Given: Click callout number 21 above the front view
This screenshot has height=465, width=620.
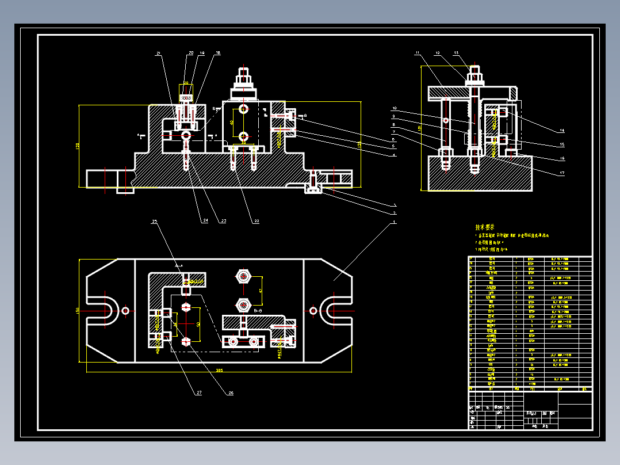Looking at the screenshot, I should click(x=158, y=54).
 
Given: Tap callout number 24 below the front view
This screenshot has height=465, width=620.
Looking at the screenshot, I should click(x=205, y=220).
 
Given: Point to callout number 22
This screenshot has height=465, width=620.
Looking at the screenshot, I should click(x=257, y=220).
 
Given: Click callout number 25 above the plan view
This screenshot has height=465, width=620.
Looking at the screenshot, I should click(x=154, y=222).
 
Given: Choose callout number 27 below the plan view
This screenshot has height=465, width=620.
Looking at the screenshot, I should click(x=199, y=393).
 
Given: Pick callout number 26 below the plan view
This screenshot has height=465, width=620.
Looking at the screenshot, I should click(x=231, y=393).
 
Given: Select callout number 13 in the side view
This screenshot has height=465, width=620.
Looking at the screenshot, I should click(x=456, y=54).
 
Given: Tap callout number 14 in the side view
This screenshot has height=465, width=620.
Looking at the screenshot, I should click(x=562, y=131).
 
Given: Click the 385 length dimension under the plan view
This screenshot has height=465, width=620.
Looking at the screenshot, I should click(x=219, y=370).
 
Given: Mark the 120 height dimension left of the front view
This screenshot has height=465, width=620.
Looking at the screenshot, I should click(x=78, y=146).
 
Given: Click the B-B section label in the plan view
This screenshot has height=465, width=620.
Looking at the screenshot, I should click(x=258, y=310).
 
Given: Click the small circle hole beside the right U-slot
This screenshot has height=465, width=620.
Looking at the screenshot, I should click(x=313, y=310).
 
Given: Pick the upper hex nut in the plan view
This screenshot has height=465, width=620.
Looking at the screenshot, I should click(x=243, y=277).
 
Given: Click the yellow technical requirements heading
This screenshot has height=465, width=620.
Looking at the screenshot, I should click(x=484, y=227).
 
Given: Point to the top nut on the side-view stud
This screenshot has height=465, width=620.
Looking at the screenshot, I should click(x=474, y=73).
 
